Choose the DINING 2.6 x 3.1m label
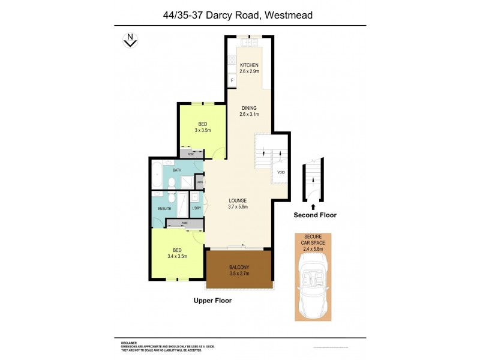pyautogui.click(x=248, y=111)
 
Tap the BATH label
pyautogui.click(x=177, y=170)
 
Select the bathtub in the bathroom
pyautogui.click(x=156, y=174)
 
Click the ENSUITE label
pyautogui.click(x=165, y=208)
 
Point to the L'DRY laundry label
pyautogui.click(x=196, y=208)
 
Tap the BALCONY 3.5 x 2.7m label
pyautogui.click(x=239, y=270)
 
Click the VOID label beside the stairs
pyautogui.click(x=281, y=173)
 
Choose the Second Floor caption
pyautogui.click(x=315, y=214)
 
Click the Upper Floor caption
pyautogui.click(x=212, y=301)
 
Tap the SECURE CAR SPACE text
pyautogui.click(x=313, y=240)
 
